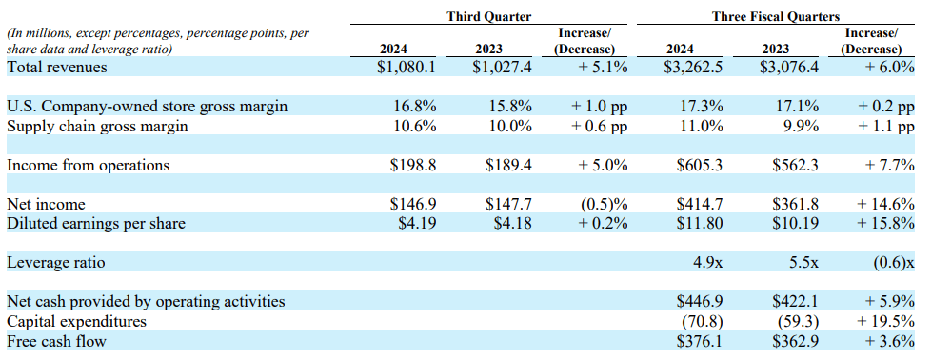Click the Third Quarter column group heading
[488, 16]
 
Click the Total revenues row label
[57, 67]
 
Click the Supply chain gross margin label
[97, 126]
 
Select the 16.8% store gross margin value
[415, 106]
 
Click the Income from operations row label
[89, 165]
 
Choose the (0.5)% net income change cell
[605, 204]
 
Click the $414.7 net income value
[699, 204]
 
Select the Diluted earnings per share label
[96, 224]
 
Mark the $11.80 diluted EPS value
[699, 224]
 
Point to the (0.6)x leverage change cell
[889, 262]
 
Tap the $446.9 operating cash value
[699, 301]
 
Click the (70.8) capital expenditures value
[703, 321]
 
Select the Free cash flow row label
[56, 341]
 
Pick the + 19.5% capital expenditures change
[882, 321]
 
